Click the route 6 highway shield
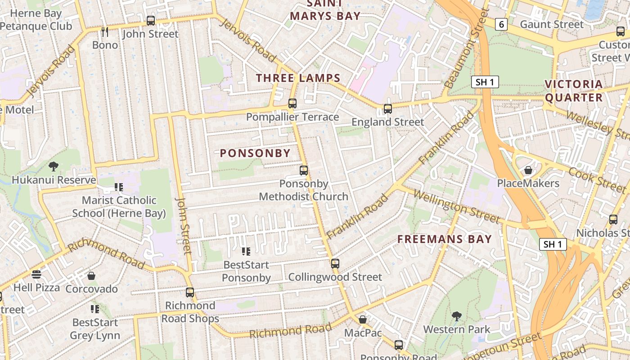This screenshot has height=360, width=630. (501, 24)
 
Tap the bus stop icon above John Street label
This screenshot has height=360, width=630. (151, 21)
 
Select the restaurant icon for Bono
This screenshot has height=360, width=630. (105, 32)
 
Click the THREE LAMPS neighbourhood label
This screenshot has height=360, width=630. (298, 78)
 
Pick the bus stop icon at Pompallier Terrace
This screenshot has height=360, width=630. (292, 104)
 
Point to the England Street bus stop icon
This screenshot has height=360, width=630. (388, 109)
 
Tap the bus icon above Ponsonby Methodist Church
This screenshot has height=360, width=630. (304, 171)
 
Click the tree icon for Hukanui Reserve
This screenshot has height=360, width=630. (54, 166)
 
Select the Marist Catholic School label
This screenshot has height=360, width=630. (119, 207)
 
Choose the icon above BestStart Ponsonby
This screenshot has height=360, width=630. (246, 252)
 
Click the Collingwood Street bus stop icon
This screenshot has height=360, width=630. (335, 264)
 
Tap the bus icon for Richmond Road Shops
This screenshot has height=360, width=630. (190, 292)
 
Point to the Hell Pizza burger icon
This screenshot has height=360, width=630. (36, 274)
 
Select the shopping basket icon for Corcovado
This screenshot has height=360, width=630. (91, 276)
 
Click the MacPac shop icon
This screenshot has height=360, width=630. (363, 320)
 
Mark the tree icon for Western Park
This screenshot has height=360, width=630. (457, 316)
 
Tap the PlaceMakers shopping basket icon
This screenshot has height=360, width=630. (528, 171)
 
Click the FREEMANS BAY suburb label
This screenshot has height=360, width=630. (445, 239)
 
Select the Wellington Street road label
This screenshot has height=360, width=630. (456, 207)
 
